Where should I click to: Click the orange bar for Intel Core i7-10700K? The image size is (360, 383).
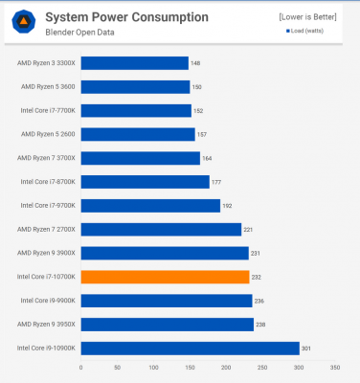[165, 277]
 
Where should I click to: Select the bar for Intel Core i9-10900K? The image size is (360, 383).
[190, 348]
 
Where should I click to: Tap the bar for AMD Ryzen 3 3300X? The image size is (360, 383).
[134, 63]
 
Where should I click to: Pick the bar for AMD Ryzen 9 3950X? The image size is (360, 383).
[167, 324]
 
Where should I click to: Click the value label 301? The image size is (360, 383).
[307, 348]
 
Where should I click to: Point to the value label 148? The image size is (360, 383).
[195, 63]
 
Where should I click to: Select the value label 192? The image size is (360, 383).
[228, 205]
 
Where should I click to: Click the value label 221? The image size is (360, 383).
[249, 229]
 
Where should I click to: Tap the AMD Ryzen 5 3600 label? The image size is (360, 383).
[46, 87]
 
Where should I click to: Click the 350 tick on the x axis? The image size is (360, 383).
[334, 368]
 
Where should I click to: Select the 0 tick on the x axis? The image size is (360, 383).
[81, 368]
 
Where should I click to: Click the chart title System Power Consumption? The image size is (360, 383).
[126, 17]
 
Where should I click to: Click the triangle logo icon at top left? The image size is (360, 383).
[23, 23]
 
